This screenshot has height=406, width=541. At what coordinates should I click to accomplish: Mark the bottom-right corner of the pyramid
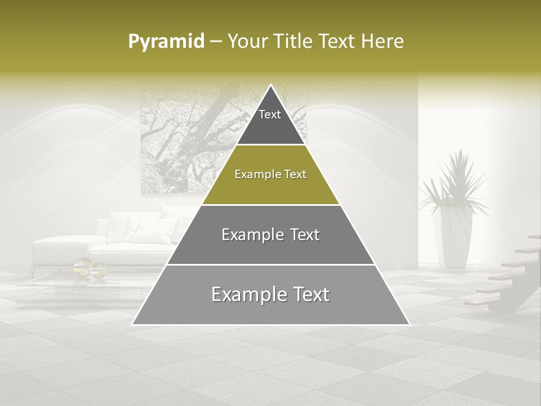click(409, 324)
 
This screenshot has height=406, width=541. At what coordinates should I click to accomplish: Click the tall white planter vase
click(454, 237)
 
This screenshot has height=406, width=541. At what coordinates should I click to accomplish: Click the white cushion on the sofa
click(152, 231)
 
